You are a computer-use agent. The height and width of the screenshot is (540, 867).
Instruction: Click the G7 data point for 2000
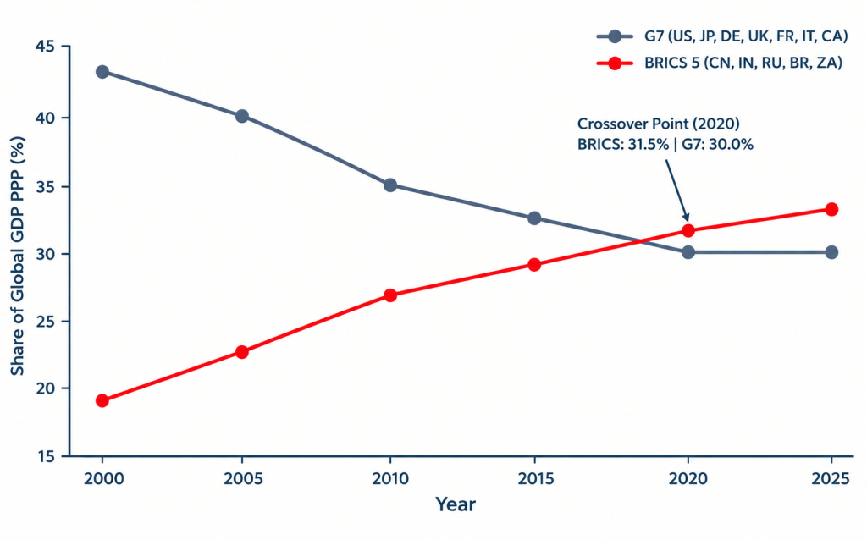point(102,72)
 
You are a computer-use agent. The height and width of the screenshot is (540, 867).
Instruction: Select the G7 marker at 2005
point(241,116)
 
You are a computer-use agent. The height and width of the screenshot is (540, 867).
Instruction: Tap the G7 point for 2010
point(390,185)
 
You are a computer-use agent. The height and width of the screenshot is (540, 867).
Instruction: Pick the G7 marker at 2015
point(534,218)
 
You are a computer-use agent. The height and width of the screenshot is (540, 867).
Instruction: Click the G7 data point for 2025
point(831,252)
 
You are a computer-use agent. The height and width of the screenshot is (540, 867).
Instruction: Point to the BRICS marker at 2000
point(102,400)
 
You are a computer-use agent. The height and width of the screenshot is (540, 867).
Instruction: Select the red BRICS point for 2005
point(241,351)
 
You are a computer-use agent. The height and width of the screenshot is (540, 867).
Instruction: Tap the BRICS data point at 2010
point(390,295)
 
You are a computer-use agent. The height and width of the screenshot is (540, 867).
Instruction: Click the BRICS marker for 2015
point(534,265)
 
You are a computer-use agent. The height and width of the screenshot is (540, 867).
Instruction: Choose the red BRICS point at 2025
point(831,209)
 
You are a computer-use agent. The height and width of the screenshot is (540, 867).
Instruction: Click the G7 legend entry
point(721,36)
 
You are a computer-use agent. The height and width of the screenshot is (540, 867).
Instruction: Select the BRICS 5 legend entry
point(720,63)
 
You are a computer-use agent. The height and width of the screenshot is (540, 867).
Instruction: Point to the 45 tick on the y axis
point(45,47)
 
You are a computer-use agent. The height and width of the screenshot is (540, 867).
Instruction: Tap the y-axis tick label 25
point(45,321)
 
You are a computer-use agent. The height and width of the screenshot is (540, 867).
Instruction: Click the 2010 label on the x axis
point(390,478)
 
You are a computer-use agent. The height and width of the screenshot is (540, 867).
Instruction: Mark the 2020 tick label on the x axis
point(688,478)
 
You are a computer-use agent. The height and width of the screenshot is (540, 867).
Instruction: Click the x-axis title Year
point(455,504)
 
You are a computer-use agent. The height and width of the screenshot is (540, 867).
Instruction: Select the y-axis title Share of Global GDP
point(18,256)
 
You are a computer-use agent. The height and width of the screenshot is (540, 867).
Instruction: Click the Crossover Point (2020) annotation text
point(659,124)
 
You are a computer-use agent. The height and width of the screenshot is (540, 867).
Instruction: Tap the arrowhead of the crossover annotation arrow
point(686,218)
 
